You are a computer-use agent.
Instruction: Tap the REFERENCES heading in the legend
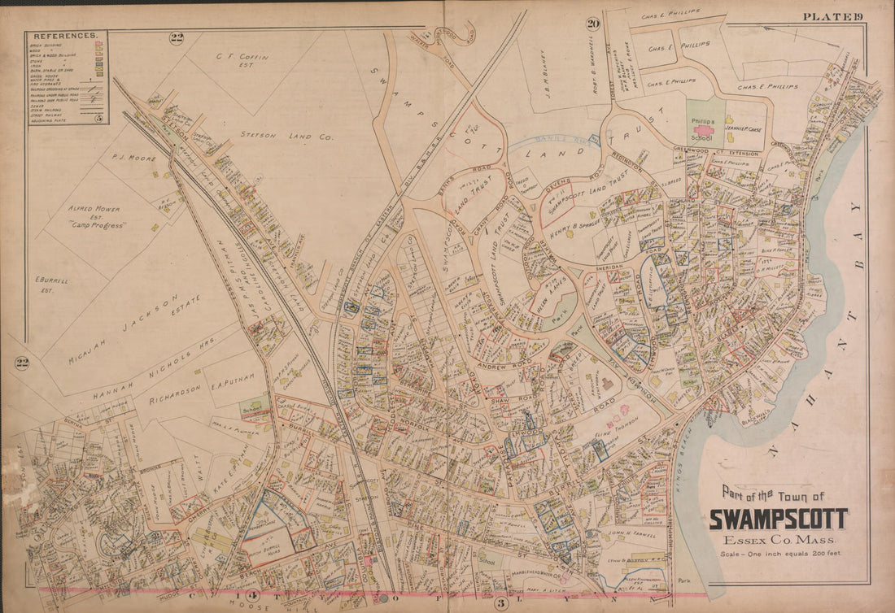pos(66,37)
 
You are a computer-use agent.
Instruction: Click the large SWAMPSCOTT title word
pos(779,520)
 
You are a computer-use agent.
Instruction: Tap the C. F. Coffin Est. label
pos(214,62)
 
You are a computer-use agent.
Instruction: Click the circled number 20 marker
pos(593,24)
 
